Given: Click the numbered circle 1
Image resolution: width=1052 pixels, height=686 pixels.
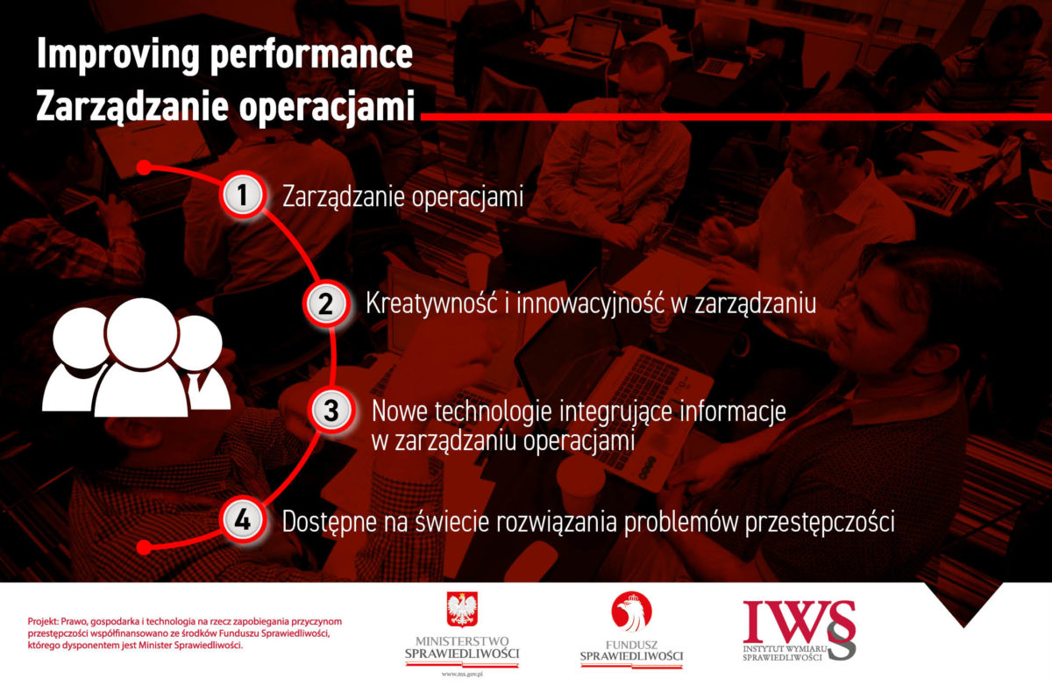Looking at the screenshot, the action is click(x=242, y=194).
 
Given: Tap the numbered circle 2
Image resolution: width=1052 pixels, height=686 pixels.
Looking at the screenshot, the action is click(x=326, y=304).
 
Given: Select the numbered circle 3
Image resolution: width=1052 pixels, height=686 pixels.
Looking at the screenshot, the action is click(x=331, y=411).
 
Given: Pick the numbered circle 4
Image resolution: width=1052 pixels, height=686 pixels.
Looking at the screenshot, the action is click(x=242, y=520).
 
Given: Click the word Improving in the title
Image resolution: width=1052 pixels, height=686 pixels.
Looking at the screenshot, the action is click(x=118, y=55).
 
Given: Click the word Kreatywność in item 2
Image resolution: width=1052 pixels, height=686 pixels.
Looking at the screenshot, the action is click(x=431, y=304).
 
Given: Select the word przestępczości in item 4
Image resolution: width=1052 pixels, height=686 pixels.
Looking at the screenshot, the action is click(x=820, y=523).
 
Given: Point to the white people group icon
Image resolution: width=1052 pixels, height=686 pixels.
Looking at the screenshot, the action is click(x=136, y=357).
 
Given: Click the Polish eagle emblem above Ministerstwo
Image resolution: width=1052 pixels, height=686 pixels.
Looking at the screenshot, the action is click(x=462, y=610).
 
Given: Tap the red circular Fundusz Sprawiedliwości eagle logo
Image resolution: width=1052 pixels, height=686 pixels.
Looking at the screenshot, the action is click(x=631, y=611).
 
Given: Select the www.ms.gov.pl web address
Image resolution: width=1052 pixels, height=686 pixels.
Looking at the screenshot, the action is click(x=462, y=675).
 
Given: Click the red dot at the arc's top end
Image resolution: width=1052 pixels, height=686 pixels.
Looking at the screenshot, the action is click(x=144, y=168).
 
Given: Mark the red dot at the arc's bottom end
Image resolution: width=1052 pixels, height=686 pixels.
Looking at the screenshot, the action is click(x=144, y=547).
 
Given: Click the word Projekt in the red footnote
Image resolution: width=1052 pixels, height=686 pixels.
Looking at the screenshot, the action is click(x=43, y=622).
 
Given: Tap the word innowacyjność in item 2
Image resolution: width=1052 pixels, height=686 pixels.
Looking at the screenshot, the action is click(x=590, y=304).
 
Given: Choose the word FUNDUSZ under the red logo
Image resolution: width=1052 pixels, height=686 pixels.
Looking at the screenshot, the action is click(x=631, y=645).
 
